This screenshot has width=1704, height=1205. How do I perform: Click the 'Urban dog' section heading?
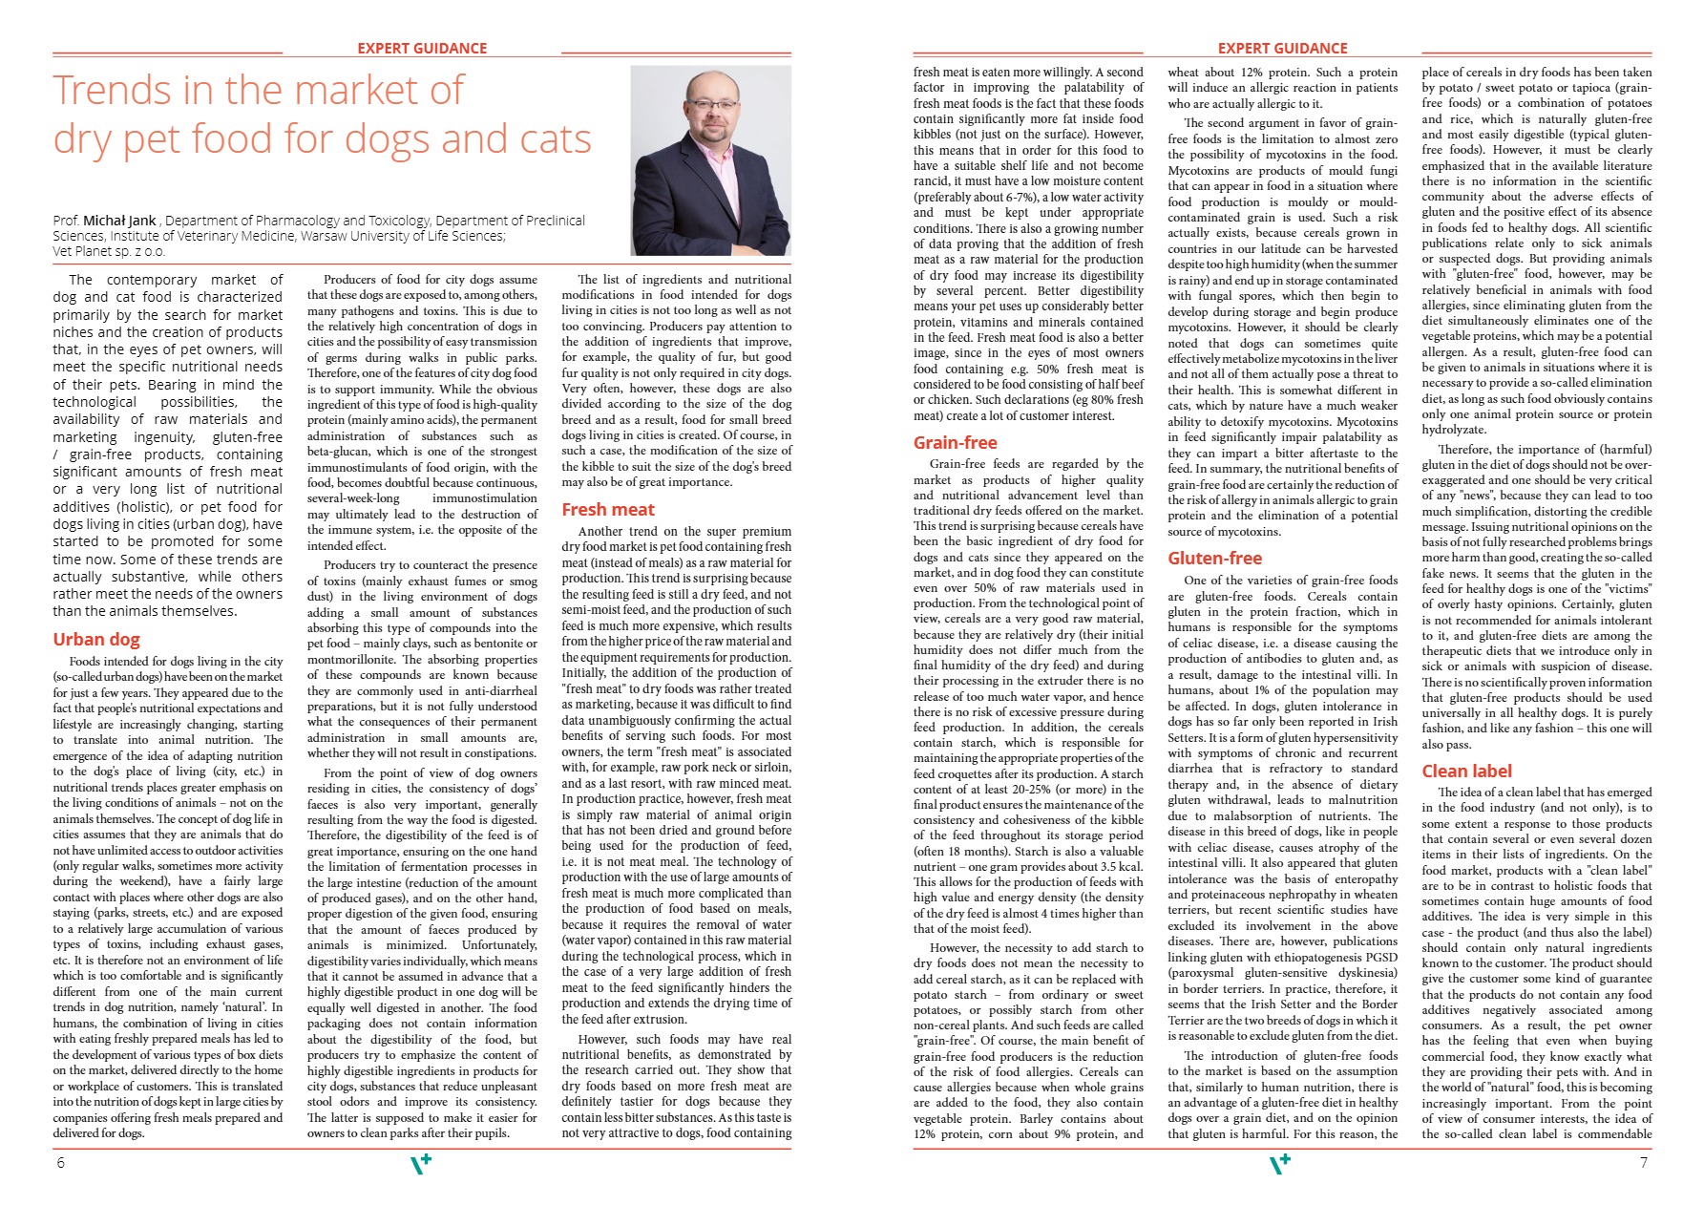point(96,640)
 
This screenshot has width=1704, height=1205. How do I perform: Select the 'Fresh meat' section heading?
point(608,510)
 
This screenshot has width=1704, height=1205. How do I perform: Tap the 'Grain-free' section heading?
point(955,443)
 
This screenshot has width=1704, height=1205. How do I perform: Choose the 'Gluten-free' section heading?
point(1214,559)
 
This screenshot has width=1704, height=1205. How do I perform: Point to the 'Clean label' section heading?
point(1466,772)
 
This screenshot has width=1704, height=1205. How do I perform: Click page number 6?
point(61,1163)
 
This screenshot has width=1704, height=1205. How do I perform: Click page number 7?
point(1643,1163)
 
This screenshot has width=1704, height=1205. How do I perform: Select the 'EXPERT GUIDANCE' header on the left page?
point(422,49)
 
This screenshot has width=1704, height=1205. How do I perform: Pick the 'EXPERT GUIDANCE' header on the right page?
point(1282,49)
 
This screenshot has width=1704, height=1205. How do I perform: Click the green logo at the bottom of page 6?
point(421,1164)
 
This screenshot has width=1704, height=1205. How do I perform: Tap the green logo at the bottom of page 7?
point(1280,1164)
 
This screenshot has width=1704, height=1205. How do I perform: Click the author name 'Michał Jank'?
point(119,221)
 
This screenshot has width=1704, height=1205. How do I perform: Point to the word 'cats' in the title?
point(555,139)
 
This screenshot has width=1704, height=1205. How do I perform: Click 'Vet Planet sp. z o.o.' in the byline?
point(109,251)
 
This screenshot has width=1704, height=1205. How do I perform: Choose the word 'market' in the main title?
point(325,91)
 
